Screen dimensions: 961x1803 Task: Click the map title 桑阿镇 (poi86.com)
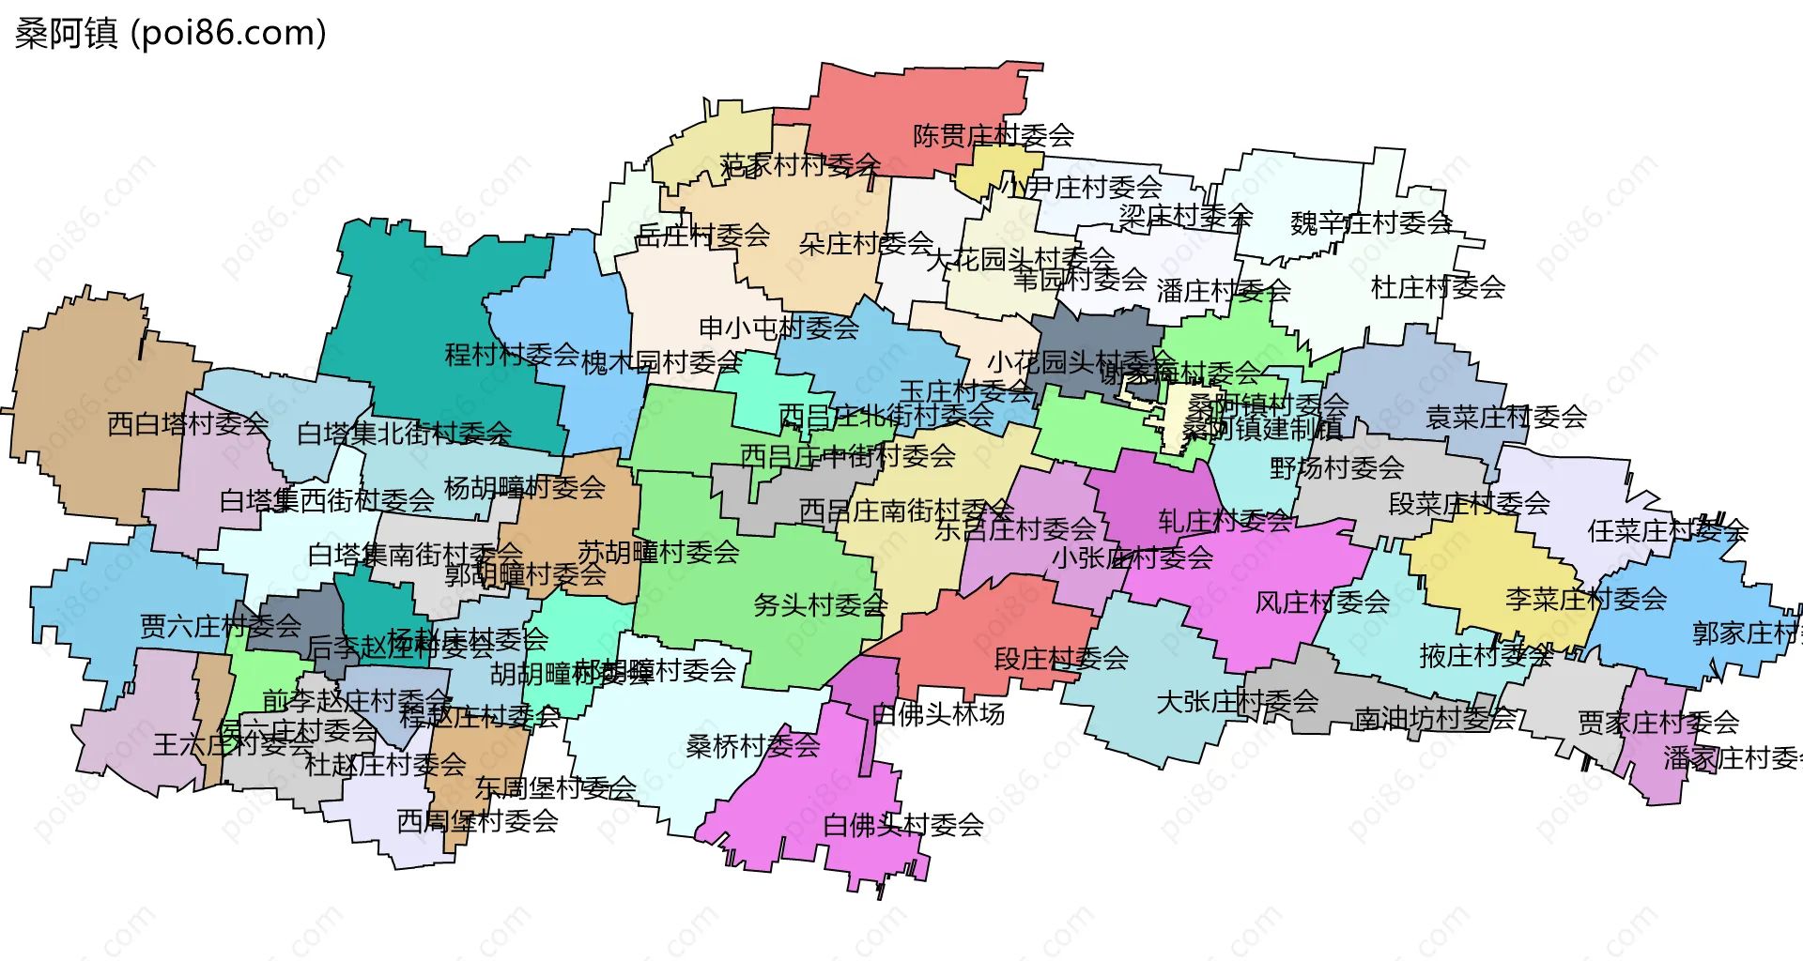click(x=170, y=33)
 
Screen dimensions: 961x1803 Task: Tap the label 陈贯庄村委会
click(x=993, y=136)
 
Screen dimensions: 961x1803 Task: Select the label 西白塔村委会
click(x=188, y=424)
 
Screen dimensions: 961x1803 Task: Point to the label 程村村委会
click(x=512, y=355)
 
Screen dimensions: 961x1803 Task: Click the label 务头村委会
click(x=820, y=605)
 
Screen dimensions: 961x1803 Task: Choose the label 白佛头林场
click(x=938, y=715)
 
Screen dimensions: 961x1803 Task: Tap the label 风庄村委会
click(x=1322, y=603)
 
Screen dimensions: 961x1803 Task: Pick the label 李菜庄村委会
click(x=1586, y=599)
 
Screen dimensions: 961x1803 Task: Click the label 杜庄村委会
click(x=1438, y=287)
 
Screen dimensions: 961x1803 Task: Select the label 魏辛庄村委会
click(x=1371, y=223)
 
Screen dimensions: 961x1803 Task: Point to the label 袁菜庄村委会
click(x=1506, y=417)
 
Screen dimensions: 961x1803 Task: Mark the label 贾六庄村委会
click(x=221, y=626)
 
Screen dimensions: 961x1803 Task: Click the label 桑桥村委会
click(x=753, y=746)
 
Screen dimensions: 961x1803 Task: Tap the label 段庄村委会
click(x=1061, y=659)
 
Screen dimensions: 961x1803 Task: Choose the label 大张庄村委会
click(x=1238, y=702)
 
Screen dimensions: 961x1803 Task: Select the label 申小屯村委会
click(x=778, y=328)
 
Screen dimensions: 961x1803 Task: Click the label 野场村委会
click(x=1336, y=467)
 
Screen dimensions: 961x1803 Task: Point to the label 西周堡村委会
click(x=477, y=821)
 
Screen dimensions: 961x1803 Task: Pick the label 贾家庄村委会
click(x=1658, y=723)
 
